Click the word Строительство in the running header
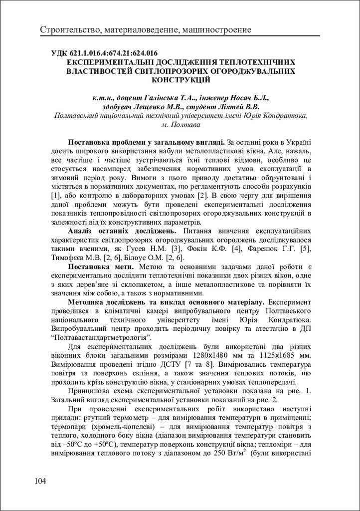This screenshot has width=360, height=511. pos(70,31)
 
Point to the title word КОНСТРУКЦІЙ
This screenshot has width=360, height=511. pos(180,80)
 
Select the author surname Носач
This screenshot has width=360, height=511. pos(244,98)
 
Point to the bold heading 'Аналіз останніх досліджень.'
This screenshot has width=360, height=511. pos(122,231)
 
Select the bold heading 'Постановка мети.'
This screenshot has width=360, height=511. pos(102,266)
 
